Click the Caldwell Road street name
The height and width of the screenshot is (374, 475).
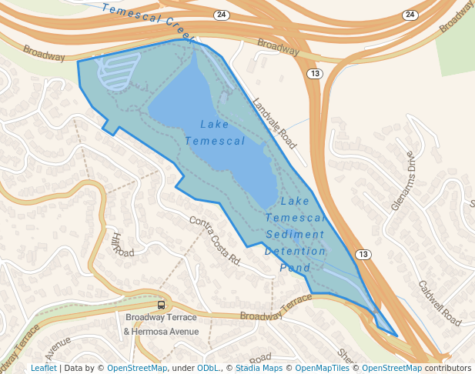(x=439, y=301)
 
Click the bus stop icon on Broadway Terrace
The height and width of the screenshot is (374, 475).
(x=161, y=305)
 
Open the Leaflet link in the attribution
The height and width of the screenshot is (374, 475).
(x=44, y=368)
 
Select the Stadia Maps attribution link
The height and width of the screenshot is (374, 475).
(x=259, y=368)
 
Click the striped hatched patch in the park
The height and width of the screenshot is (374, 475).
(x=117, y=70)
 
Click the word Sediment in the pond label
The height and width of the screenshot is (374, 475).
(x=296, y=235)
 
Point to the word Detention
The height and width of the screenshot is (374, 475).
(x=296, y=252)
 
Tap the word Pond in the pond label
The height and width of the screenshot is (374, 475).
(x=296, y=268)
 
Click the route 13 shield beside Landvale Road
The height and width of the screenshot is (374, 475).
(x=314, y=73)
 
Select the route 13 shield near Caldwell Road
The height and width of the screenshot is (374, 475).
(x=362, y=254)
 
